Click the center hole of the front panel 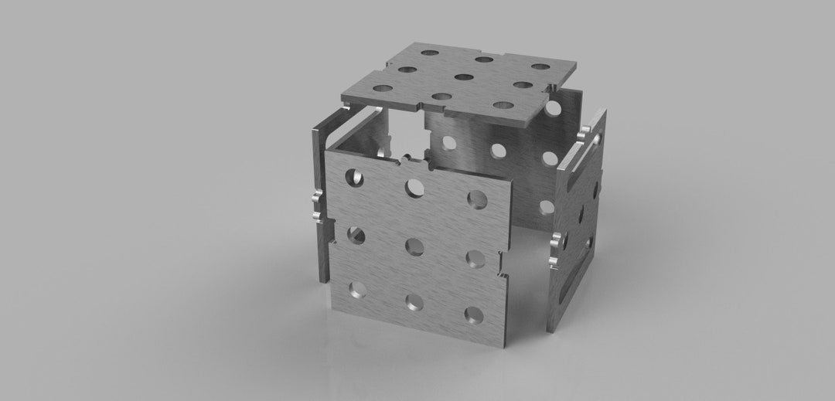(x=414, y=246)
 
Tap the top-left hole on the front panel (x=355, y=177)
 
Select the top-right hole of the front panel (x=477, y=199)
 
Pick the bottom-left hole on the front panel (x=357, y=290)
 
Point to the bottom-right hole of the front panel (x=473, y=314)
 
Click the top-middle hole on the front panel (x=415, y=187)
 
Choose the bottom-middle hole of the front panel (x=414, y=302)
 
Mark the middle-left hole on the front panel (x=356, y=235)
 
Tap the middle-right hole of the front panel (x=475, y=258)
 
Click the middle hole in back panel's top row (x=497, y=148)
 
